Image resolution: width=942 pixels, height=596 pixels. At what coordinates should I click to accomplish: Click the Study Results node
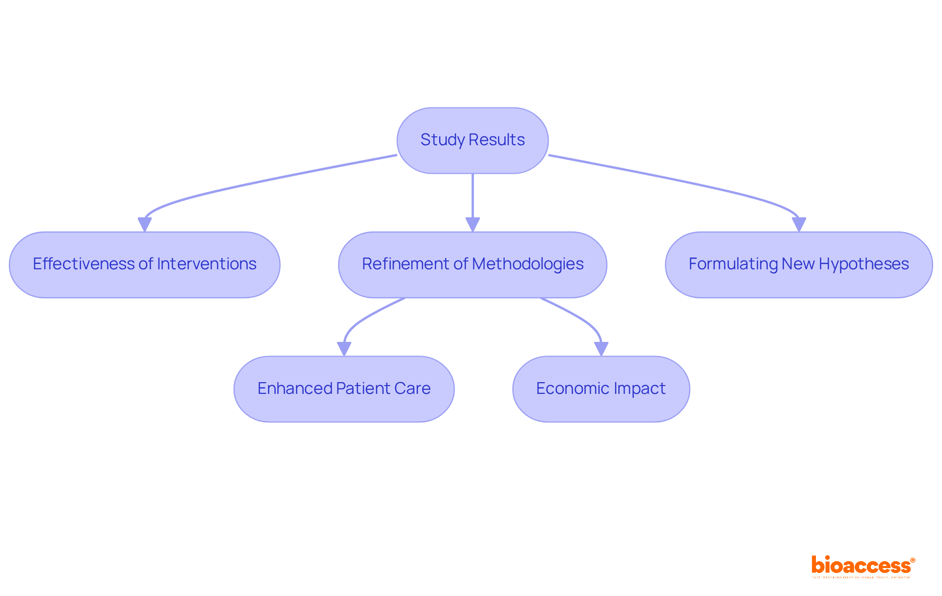pos(472,140)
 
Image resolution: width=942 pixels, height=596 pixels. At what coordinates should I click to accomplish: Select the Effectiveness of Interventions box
pos(145,264)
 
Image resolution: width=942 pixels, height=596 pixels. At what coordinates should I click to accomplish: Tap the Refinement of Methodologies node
pos(472,264)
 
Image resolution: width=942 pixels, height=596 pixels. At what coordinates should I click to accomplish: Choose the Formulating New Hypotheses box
pos(799,264)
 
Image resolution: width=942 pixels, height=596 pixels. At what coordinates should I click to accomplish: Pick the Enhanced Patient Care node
pos(344,389)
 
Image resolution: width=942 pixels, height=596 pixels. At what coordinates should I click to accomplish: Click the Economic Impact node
pos(601,389)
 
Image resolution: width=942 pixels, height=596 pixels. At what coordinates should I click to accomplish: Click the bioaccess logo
pos(861,566)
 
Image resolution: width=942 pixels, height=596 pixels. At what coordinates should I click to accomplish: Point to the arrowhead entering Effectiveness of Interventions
pos(145,224)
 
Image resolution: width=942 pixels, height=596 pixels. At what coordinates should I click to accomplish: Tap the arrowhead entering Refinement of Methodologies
pos(472,224)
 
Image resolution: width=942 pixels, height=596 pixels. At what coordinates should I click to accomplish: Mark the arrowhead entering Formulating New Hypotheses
pos(799,224)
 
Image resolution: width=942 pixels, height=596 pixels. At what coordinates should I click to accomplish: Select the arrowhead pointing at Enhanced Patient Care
pos(344,348)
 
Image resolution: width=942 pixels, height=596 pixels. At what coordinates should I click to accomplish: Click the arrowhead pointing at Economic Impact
pos(601,348)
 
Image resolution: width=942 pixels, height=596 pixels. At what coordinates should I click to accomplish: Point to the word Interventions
pos(207,264)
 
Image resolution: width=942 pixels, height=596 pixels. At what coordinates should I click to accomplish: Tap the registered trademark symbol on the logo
pos(913,560)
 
